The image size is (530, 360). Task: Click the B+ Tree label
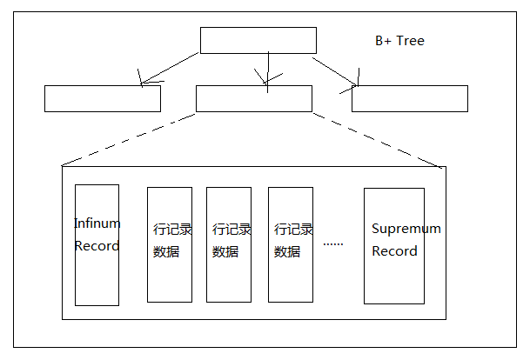399,41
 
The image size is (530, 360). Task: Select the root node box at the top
258,40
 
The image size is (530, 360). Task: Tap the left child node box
102,98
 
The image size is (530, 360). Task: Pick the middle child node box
253,98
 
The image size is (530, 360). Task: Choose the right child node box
409,98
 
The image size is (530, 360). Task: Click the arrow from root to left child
170,69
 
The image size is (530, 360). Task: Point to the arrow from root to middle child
269,68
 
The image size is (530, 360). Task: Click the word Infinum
97,223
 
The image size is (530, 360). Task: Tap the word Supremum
406,229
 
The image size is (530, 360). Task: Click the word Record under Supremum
394,251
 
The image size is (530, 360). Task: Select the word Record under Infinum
97,246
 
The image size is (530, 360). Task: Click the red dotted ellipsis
333,244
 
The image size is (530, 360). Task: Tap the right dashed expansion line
379,139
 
